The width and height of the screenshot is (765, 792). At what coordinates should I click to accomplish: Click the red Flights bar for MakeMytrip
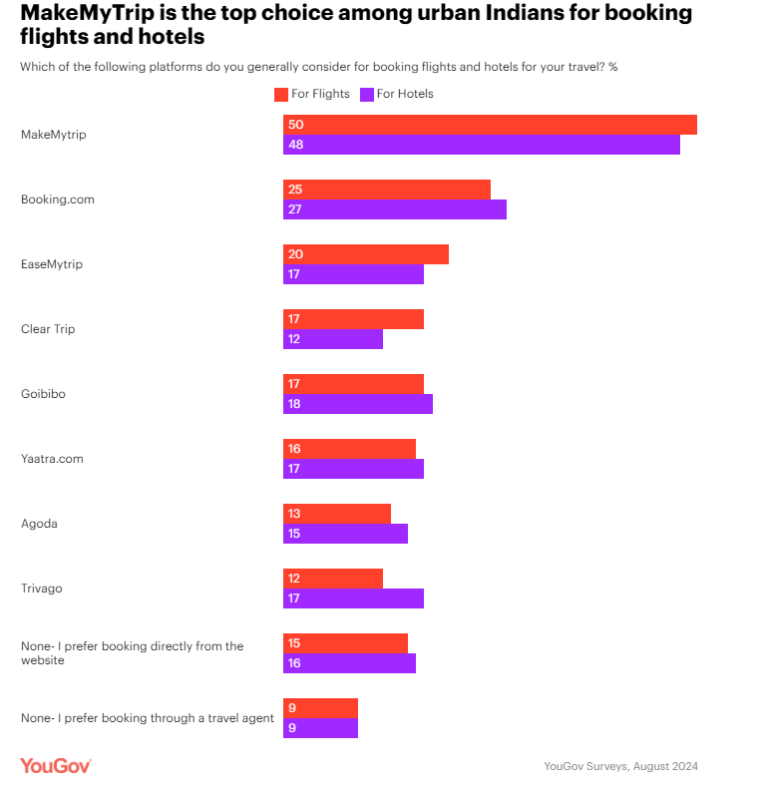[x=489, y=125]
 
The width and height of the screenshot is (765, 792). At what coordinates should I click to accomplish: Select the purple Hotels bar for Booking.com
[x=394, y=209]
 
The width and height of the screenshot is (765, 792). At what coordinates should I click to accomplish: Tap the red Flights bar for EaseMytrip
[x=365, y=254]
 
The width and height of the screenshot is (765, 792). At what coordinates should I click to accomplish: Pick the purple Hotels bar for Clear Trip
[x=332, y=339]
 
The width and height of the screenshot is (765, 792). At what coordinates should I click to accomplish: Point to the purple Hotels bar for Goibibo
[x=357, y=404]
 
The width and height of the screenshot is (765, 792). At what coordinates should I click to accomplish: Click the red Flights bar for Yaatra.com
[x=349, y=449]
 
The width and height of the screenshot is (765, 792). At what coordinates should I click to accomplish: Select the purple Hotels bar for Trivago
[x=353, y=598]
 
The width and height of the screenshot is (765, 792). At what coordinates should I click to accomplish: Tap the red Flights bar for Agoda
[x=336, y=514]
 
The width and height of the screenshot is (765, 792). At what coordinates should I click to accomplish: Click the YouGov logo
[x=56, y=765]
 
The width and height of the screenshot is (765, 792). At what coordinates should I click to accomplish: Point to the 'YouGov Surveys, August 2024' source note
[x=620, y=766]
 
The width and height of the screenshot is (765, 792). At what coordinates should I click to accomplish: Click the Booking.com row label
[x=58, y=199]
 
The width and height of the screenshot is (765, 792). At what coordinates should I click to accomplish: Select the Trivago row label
[x=42, y=589]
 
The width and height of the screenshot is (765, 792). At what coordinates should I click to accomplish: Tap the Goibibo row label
[x=44, y=394]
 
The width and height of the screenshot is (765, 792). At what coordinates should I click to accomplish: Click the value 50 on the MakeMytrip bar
[x=295, y=125]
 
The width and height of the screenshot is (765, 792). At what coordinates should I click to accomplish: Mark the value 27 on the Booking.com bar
[x=295, y=209]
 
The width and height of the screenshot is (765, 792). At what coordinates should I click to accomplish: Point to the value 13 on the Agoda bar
[x=295, y=514]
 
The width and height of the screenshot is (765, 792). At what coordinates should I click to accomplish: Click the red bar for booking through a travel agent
[x=320, y=708]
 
